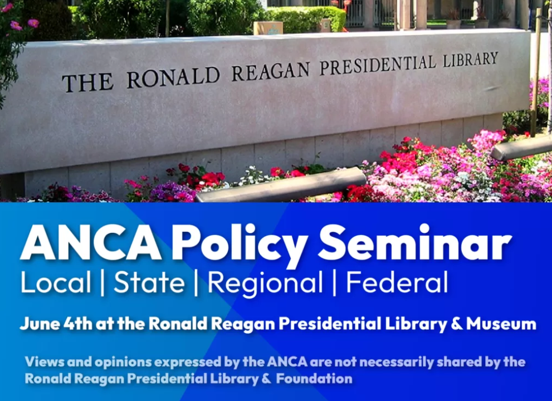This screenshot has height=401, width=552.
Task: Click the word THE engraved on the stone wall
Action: (87, 82)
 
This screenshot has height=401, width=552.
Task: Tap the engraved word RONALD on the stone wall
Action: (173, 77)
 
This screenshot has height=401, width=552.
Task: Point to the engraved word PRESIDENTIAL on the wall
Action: (378, 64)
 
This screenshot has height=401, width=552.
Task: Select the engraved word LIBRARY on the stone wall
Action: (470, 59)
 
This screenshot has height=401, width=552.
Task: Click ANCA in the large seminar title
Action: (91, 243)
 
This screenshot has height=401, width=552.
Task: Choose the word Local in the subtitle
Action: (56, 282)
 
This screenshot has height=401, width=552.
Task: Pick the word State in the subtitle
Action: (149, 282)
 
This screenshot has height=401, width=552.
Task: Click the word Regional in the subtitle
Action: (265, 283)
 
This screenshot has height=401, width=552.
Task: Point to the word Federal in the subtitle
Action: (397, 282)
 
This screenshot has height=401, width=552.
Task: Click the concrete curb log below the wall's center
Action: (281, 185)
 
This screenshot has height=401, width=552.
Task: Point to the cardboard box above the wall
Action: (268, 28)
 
